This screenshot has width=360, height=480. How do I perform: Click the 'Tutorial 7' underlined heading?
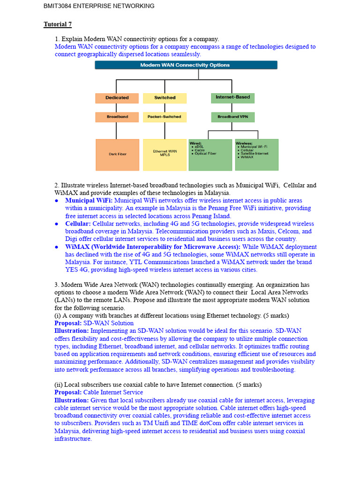point(58,24)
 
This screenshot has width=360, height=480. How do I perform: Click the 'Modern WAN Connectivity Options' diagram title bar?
point(186,65)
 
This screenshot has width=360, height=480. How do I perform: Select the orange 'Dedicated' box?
point(117,98)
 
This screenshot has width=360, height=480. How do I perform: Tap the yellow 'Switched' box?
point(165,98)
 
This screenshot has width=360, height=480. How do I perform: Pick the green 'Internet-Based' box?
point(233,97)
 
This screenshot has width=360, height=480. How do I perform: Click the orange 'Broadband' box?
point(117,117)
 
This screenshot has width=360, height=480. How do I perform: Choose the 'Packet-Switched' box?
point(165,117)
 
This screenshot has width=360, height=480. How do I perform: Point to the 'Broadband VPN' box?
point(233,117)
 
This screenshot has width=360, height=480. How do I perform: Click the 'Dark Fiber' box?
point(117,155)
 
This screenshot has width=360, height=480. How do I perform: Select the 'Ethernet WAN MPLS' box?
point(165,155)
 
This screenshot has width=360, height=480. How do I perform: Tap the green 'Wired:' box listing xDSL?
point(210,155)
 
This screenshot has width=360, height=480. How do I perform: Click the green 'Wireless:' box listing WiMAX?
point(256,155)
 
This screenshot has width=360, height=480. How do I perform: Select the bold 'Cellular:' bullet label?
point(78,224)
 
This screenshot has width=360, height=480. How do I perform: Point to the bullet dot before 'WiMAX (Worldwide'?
point(57,247)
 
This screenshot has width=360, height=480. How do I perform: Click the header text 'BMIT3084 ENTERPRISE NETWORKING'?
point(99,6)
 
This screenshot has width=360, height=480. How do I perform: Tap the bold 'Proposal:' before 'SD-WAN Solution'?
point(68,323)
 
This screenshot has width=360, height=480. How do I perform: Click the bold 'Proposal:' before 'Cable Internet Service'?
point(68,392)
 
